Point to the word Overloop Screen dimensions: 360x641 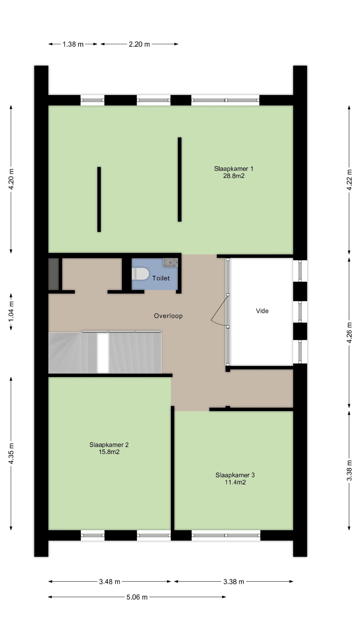coord(168,316)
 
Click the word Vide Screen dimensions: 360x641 coord(262,311)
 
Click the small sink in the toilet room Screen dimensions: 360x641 coord(170,263)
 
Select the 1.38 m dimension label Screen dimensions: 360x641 coord(73,44)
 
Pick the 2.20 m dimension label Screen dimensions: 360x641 coord(139,44)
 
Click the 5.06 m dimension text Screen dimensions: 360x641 coord(137,597)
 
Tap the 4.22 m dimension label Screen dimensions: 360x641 coord(349,180)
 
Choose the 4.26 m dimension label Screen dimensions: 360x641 coord(349,333)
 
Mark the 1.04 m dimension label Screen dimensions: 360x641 coord(11,312)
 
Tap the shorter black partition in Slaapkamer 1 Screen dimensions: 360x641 coord(99,199)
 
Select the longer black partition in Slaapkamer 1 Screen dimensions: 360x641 coord(179,179)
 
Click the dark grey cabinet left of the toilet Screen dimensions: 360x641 coord(53,274)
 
